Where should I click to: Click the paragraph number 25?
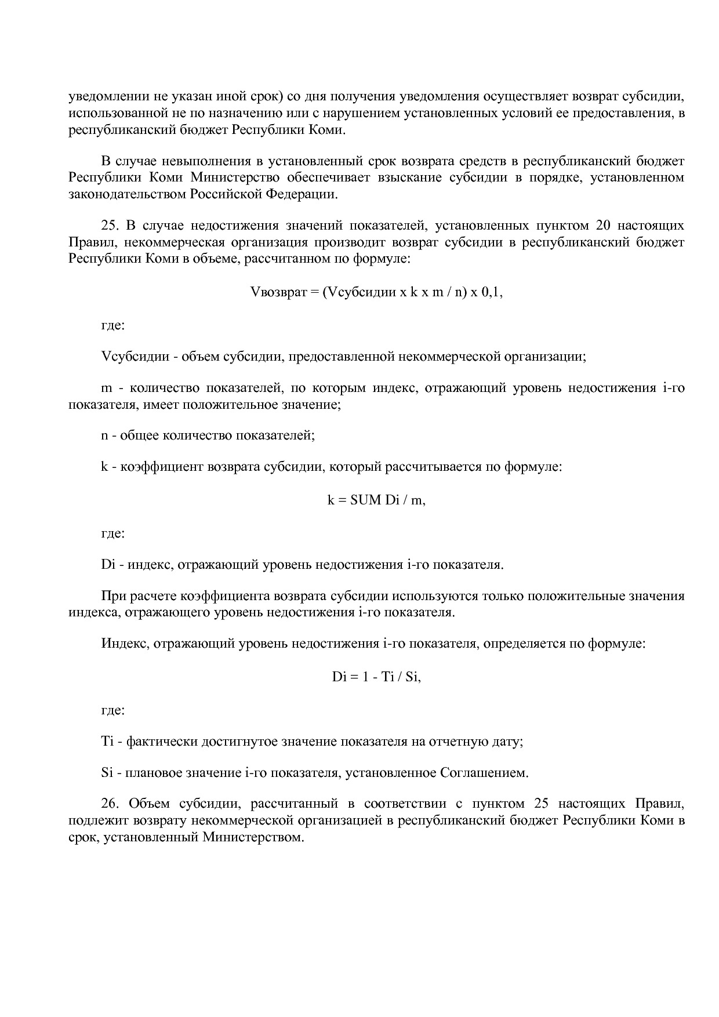point(110,225)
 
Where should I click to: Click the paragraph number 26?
point(110,804)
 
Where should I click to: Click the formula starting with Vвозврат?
point(376,292)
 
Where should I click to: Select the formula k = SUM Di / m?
point(376,500)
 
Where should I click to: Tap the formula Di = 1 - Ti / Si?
point(376,677)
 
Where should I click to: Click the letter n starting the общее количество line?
point(104,435)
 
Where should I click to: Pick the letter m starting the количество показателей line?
point(106,387)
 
